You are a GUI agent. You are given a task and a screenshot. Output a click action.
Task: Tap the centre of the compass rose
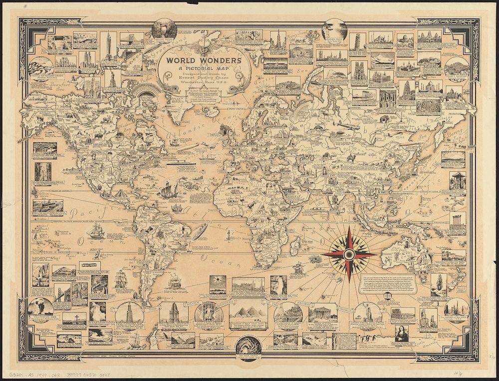(x=349, y=254)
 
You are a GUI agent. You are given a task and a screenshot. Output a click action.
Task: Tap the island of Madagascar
(x=295, y=245)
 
